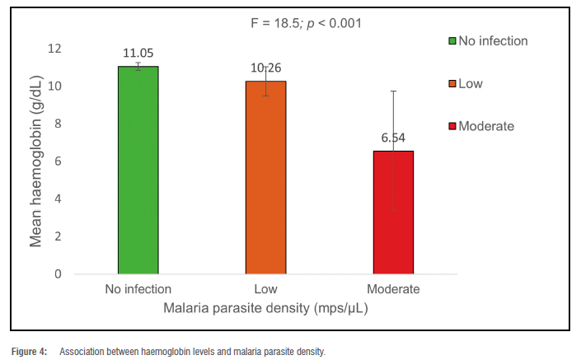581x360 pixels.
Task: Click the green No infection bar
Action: point(138,170)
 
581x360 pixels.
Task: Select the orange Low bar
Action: point(265,177)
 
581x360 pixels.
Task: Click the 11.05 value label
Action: point(138,53)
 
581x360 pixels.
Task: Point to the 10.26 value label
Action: point(265,68)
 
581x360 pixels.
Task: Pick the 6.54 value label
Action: point(393,138)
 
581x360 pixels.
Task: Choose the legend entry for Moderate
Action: point(486,126)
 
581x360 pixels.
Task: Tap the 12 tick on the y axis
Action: point(54,49)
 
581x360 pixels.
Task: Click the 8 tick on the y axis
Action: point(58,124)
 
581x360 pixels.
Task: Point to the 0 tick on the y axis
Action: point(58,274)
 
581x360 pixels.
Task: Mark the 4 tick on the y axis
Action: point(58,199)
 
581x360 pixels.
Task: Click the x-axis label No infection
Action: point(138,289)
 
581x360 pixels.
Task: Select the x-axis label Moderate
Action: point(393,289)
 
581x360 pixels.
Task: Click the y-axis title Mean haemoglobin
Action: point(35,161)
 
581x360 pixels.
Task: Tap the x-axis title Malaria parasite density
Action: point(265,308)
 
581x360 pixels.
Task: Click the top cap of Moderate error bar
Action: point(393,91)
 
